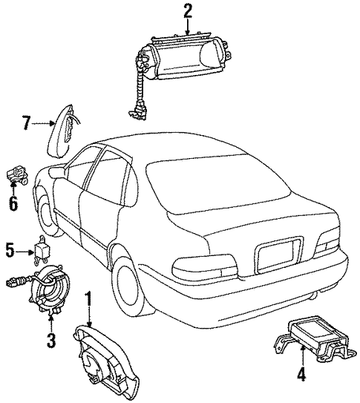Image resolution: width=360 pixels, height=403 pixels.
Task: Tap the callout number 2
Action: pos(188,11)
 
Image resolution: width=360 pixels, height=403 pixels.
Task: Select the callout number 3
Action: pos(51,340)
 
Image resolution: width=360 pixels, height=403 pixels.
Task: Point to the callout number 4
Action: pos(301,373)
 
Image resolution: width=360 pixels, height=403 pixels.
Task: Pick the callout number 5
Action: pos(10,250)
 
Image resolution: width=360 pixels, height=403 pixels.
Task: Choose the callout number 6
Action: pos(13,203)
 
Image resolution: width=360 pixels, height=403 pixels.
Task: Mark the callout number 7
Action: pos(27,123)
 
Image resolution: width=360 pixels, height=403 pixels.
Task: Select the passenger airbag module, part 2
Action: pos(180,59)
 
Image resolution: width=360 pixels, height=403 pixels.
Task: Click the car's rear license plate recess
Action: pos(279,254)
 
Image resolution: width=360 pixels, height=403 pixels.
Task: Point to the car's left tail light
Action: pos(204,266)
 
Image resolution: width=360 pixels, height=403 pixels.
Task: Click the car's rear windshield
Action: pos(215,183)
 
